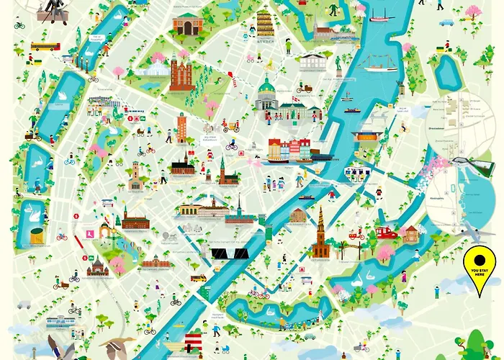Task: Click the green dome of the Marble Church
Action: (x=267, y=91)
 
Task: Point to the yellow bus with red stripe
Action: (x=45, y=46)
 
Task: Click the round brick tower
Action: (x=181, y=127)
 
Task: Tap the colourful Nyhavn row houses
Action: (x=288, y=150)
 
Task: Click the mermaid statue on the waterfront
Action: (x=338, y=66)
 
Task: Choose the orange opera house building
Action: (x=366, y=137)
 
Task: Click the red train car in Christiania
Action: (x=387, y=232)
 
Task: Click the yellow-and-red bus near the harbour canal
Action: (x=198, y=277)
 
